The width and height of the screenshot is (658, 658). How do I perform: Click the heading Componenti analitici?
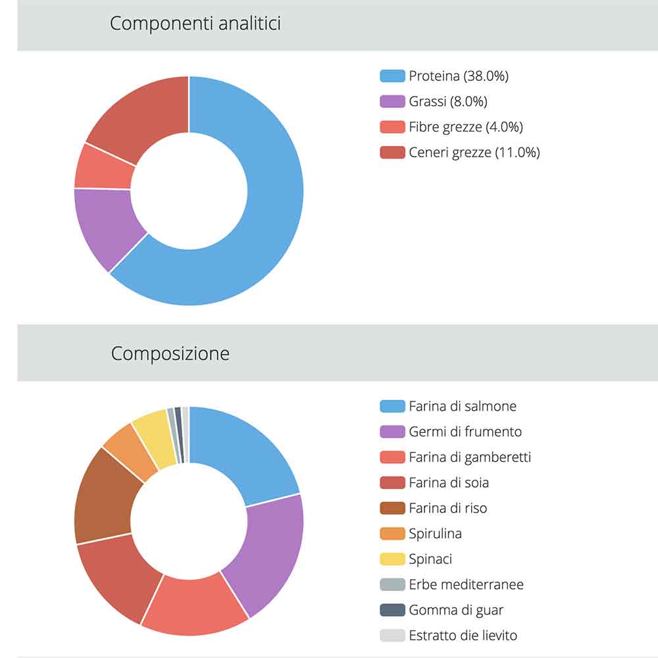tap(195, 24)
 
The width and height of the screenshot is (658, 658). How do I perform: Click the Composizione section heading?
tap(170, 353)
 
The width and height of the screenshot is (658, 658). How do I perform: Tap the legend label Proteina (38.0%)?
tap(459, 76)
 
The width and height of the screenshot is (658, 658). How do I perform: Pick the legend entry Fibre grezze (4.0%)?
tap(465, 127)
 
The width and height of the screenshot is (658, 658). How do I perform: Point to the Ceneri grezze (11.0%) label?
tap(474, 153)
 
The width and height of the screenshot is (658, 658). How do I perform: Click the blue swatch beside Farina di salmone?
tap(392, 406)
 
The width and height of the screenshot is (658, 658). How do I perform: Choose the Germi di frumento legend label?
tap(465, 432)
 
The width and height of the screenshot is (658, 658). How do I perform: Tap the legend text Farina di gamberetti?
tap(469, 457)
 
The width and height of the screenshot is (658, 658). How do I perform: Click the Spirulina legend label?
tap(435, 534)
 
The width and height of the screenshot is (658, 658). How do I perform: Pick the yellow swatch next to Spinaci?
tap(392, 559)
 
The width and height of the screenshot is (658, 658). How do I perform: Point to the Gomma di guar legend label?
tap(456, 610)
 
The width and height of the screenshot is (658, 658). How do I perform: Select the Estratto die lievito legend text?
tap(463, 636)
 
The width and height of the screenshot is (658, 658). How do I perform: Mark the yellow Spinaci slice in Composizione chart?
tap(153, 431)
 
